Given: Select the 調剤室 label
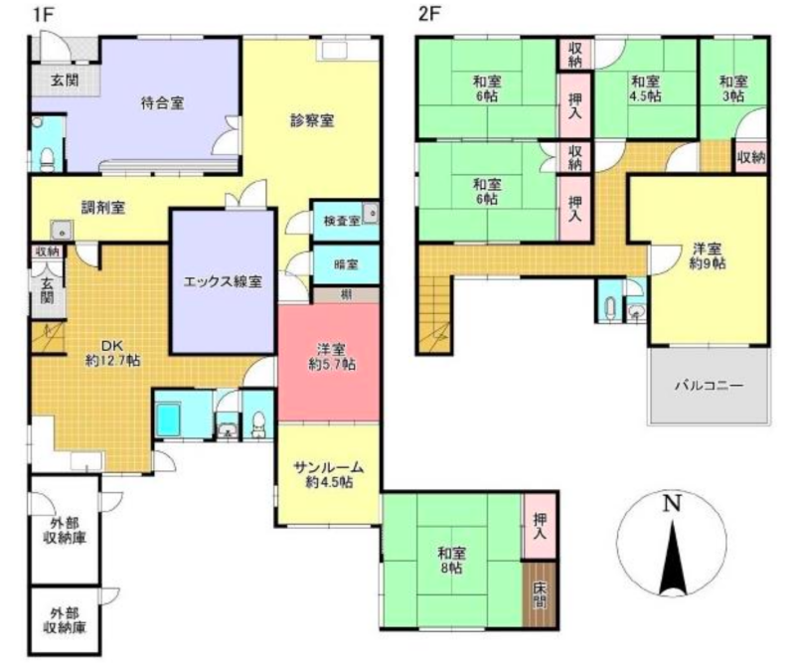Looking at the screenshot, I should [x=102, y=208].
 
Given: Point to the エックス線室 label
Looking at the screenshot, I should [x=223, y=281].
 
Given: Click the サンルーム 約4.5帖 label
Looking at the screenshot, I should [x=328, y=475].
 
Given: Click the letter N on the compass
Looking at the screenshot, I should [x=672, y=503].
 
